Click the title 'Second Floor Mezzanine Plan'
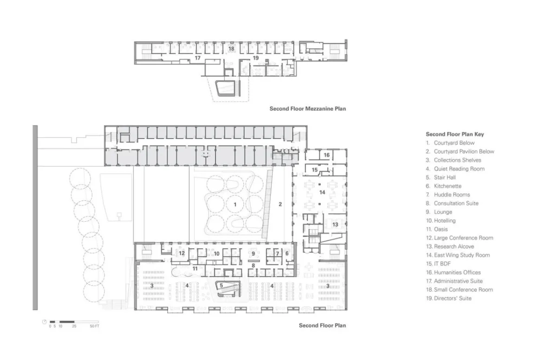point(308,109)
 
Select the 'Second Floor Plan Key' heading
point(455,134)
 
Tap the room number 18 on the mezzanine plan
point(231,49)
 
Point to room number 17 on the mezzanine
point(197,58)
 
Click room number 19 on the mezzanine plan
point(256,58)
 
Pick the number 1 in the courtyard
point(235,205)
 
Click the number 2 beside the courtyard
point(280,204)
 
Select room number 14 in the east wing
point(322,193)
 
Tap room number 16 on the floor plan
point(326,155)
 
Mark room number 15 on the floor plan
point(315,170)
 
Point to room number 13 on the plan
point(335,225)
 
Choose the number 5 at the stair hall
point(221,286)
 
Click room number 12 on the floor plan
point(182,253)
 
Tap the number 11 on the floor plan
point(195,269)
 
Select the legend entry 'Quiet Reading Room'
point(459,169)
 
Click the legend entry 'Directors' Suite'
point(453,298)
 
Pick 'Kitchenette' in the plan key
point(447,186)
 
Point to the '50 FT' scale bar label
point(95,326)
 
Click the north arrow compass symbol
point(44,322)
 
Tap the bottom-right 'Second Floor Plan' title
point(322,326)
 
